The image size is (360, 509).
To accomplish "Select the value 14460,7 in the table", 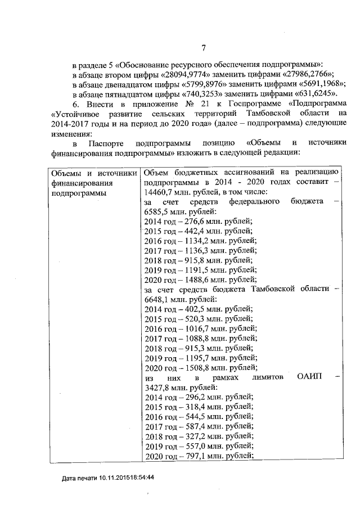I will coord(160,192).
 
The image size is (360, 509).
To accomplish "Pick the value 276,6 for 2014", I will coord(191,221).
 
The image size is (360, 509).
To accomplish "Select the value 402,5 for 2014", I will coord(191,309).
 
